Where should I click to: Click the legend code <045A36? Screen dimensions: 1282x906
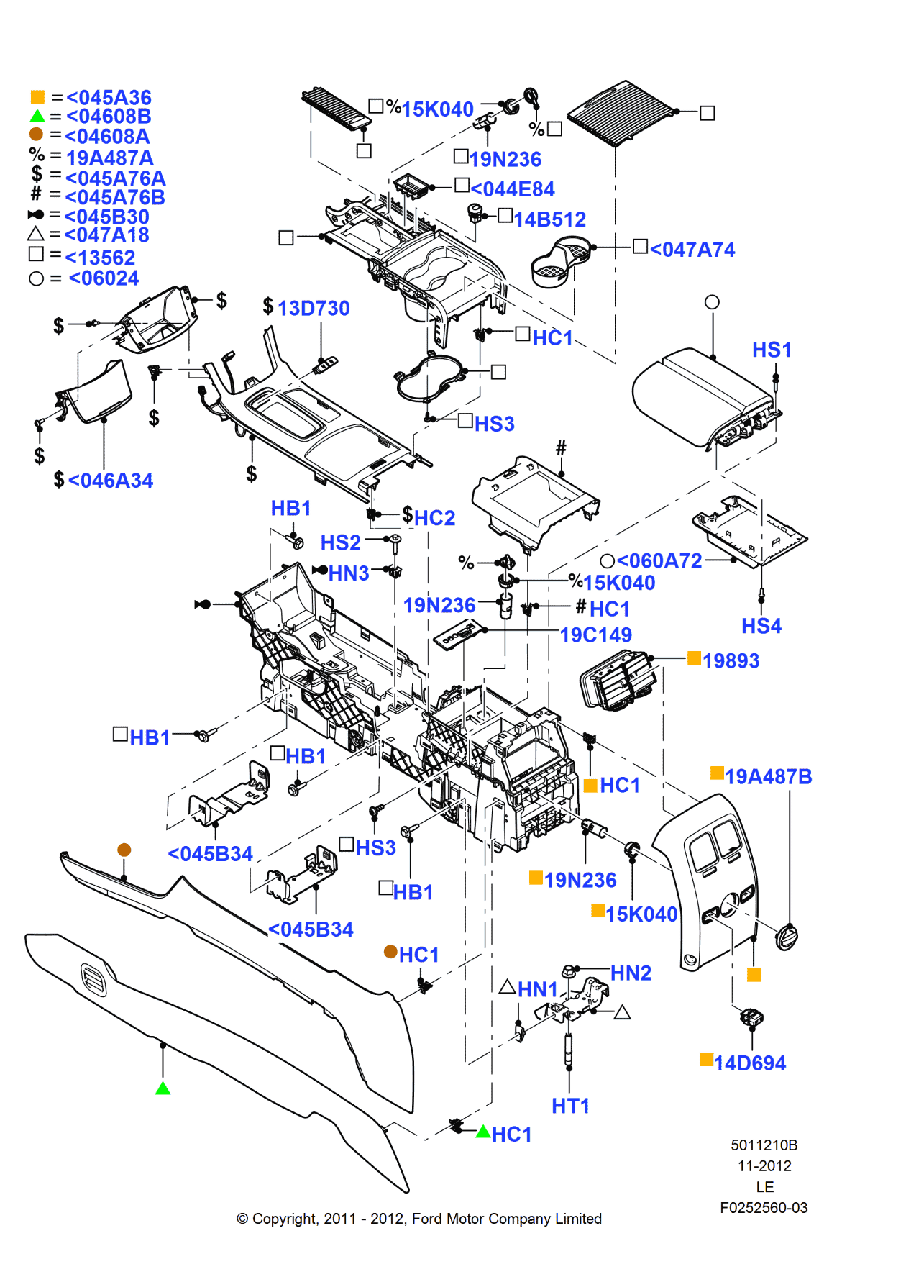pos(109,97)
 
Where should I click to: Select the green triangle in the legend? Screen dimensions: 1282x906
pos(37,117)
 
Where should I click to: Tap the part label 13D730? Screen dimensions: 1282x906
pos(314,308)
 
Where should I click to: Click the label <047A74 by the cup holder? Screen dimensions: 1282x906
pos(692,250)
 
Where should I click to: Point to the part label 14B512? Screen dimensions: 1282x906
pos(549,219)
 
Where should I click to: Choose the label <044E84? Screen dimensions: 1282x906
pos(513,189)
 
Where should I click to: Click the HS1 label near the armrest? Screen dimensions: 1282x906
pos(772,350)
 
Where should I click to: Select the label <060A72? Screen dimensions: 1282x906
pos(659,560)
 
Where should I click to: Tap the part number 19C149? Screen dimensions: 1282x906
pos(595,635)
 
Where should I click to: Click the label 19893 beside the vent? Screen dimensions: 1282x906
pos(731,660)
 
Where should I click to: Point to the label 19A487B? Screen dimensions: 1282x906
pos(768,776)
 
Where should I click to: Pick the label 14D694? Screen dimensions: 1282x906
pos(750,1063)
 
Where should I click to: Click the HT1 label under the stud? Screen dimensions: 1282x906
pos(570,1106)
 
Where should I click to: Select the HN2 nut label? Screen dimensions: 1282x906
pos(631,973)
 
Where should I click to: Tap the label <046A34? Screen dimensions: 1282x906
pos(111,481)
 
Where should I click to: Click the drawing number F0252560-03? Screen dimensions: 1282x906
pos(764,1208)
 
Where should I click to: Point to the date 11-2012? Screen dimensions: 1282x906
pos(764,1166)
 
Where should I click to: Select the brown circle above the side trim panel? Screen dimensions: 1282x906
pos(124,850)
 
